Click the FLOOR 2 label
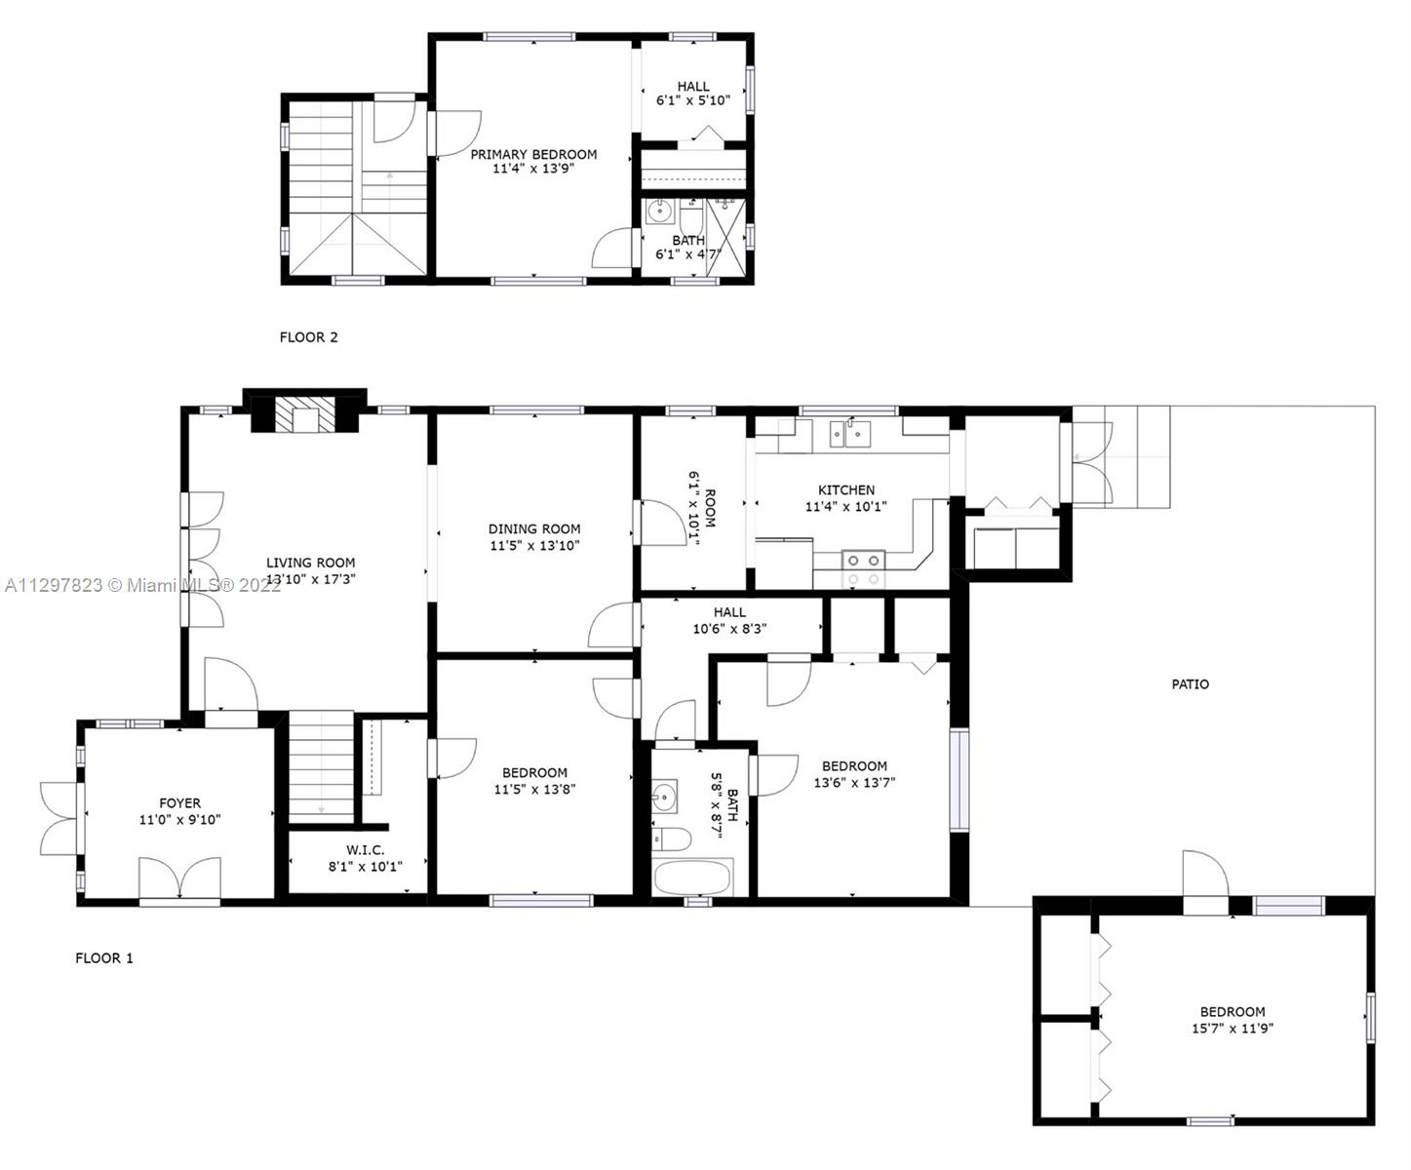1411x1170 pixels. [308, 336]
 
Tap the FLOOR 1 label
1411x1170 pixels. [104, 957]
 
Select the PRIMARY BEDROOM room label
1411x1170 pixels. [533, 154]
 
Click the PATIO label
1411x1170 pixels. [1190, 684]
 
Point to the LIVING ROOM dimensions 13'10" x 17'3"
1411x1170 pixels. [310, 578]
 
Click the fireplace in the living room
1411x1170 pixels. [305, 413]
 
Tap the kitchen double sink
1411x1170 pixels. [850, 433]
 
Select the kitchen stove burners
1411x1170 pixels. [863, 569]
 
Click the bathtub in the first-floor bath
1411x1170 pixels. [692, 877]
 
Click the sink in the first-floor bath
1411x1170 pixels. [664, 798]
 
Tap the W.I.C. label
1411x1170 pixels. [365, 849]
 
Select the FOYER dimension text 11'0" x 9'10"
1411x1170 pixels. [179, 819]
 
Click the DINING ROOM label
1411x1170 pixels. [533, 528]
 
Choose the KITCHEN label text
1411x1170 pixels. [846, 489]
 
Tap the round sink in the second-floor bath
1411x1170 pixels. [658, 212]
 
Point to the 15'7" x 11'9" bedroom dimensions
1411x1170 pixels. [1232, 1028]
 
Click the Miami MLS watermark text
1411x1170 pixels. [142, 585]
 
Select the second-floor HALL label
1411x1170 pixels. [693, 87]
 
